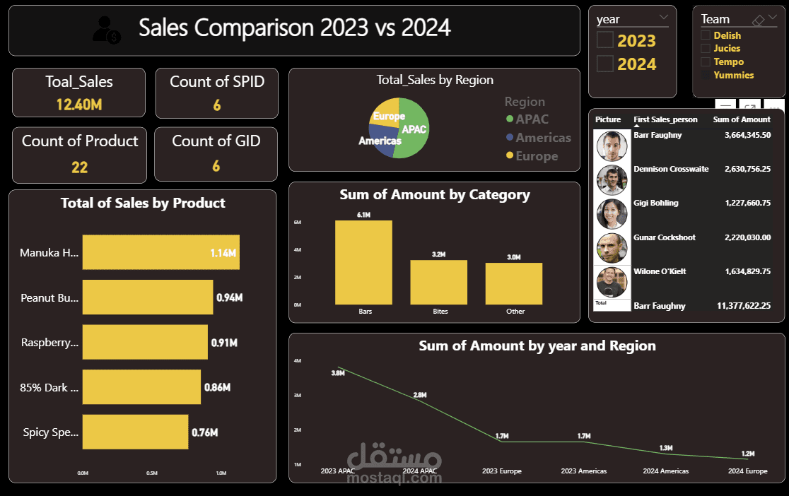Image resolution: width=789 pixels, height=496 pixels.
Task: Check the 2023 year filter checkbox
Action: pos(605,40)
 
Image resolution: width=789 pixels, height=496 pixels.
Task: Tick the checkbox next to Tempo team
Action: pos(705,61)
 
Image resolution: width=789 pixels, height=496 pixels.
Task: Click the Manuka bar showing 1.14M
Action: pos(160,252)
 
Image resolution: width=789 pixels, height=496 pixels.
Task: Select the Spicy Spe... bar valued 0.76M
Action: pos(135,432)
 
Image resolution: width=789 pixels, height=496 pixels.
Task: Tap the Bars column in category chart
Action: pos(363,262)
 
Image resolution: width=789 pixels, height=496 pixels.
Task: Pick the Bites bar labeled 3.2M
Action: pos(439,282)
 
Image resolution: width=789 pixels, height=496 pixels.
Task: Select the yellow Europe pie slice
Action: pos(387,114)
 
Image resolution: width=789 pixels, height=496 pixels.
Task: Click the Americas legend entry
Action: pos(543,138)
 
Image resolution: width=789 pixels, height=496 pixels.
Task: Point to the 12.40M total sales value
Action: pos(79,105)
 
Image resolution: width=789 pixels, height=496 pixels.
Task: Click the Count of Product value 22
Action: pos(79,167)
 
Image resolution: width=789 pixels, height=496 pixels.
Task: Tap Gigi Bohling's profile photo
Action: pos(612,213)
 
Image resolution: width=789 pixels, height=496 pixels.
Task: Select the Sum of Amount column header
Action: pos(742,119)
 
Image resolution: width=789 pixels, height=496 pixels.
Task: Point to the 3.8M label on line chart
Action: pos(337,372)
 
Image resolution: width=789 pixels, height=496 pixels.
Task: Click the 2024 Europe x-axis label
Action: pos(747,471)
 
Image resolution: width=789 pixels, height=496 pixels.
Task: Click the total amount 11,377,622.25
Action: pos(743,306)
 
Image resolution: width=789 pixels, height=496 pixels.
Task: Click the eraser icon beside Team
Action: pos(758,20)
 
